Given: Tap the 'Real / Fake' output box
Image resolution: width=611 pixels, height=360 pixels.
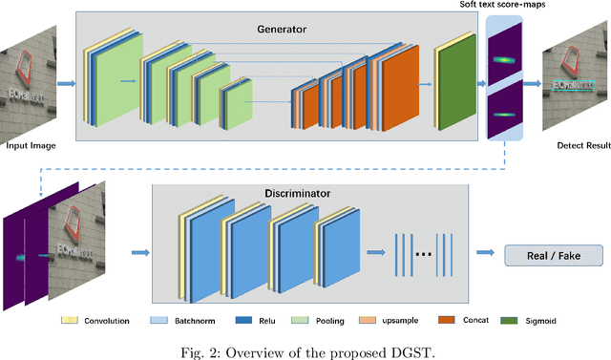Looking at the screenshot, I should pos(554,255).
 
